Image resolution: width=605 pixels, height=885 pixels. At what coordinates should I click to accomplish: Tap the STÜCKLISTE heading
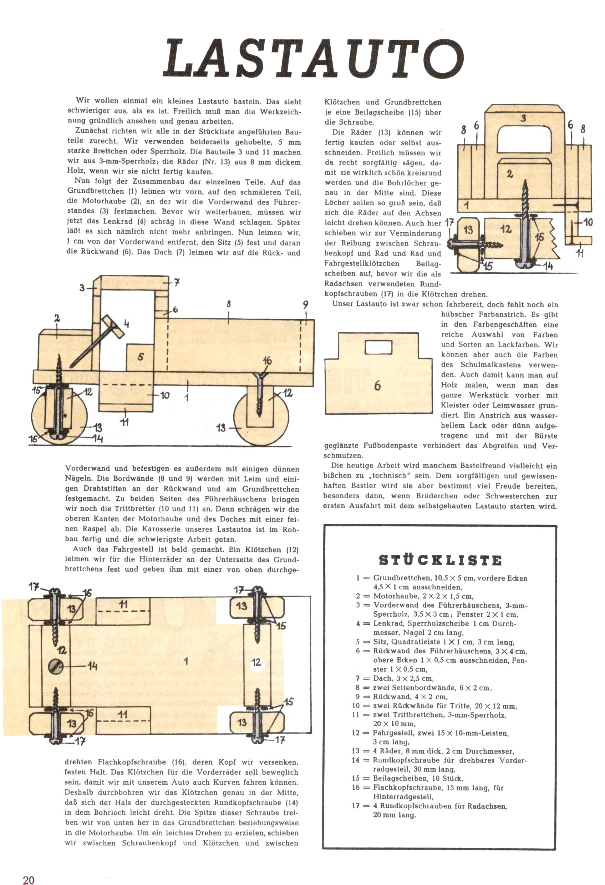[x=440, y=561]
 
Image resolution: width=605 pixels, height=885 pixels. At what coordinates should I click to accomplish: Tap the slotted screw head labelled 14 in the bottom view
[x=56, y=665]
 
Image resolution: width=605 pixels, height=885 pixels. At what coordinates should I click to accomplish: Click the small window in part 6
[x=378, y=347]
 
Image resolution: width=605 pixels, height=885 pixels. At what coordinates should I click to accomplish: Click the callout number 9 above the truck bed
[x=305, y=305]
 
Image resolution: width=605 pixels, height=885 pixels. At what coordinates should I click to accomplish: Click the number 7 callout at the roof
[x=177, y=282]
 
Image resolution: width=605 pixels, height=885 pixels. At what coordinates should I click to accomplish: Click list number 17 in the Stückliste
[x=356, y=806]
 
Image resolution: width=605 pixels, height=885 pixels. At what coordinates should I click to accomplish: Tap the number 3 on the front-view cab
[x=524, y=118]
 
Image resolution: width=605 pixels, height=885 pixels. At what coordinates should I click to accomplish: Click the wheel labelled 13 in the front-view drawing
[x=468, y=244]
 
